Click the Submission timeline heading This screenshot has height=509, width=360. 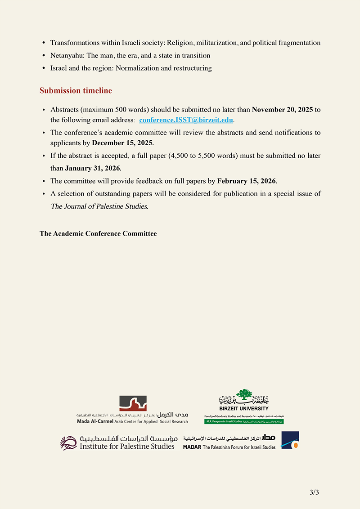click(76, 90)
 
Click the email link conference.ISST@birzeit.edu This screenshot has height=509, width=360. click(186, 120)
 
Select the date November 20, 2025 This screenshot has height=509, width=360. click(282, 110)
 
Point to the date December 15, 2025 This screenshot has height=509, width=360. click(122, 143)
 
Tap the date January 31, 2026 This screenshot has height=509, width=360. click(93, 169)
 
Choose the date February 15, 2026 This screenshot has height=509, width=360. click(247, 181)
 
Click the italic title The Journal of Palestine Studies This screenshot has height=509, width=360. click(99, 206)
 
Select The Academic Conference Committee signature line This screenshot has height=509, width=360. click(98, 233)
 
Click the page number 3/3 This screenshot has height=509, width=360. click(314, 492)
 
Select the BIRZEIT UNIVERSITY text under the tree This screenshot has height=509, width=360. click(244, 408)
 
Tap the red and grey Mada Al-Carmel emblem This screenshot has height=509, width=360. click(133, 403)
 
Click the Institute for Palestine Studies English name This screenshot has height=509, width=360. click(127, 446)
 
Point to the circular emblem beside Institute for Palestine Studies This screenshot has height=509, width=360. click(69, 442)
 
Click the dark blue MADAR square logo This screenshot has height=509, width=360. click(290, 440)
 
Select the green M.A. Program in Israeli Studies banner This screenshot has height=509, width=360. click(244, 422)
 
